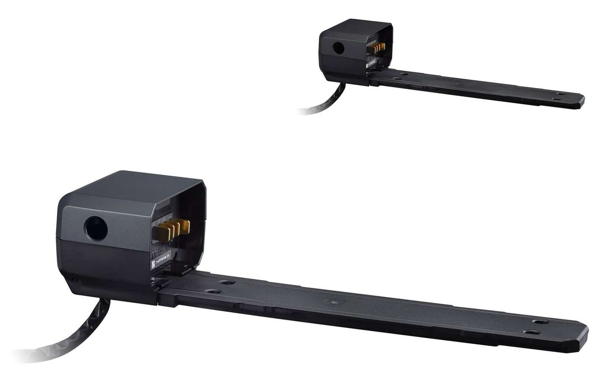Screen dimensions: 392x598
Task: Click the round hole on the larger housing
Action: pyautogui.click(x=96, y=229)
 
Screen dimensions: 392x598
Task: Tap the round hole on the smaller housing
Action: pyautogui.click(x=338, y=48)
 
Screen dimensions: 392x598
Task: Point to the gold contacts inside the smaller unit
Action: pyautogui.click(x=378, y=48)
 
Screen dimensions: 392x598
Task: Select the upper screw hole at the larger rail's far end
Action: pyautogui.click(x=541, y=322)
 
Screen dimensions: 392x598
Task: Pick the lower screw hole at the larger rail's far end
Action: pyautogui.click(x=531, y=332)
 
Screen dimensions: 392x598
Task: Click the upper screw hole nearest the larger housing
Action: pyautogui.click(x=227, y=283)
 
